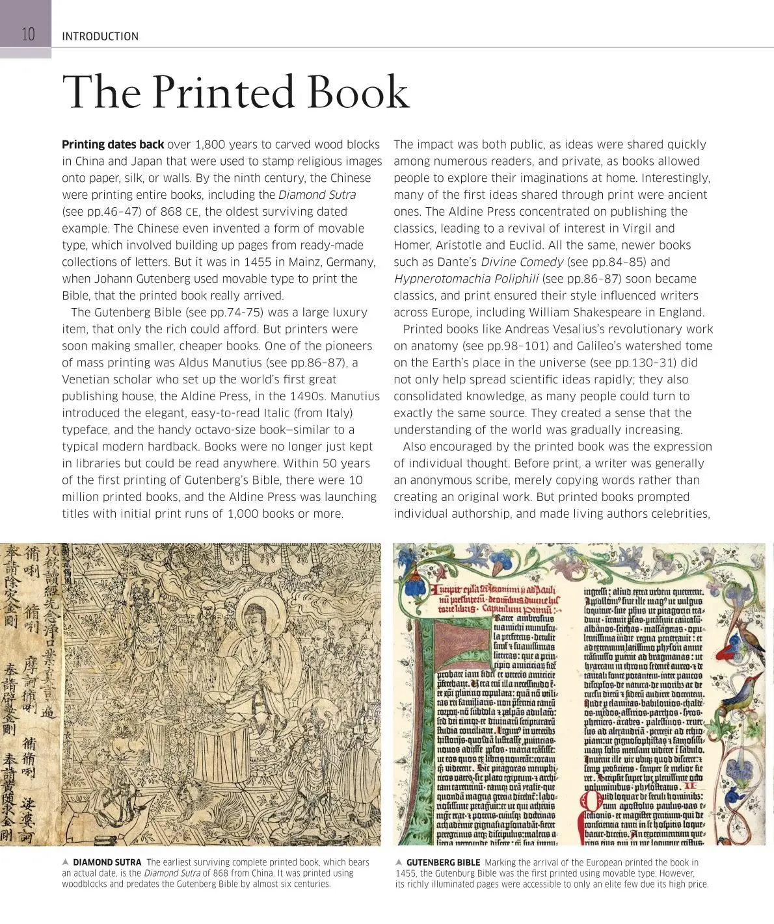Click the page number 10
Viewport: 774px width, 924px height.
coord(28,34)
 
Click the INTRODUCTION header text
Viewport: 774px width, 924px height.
coord(100,36)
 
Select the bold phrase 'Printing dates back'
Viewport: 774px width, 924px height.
coord(113,144)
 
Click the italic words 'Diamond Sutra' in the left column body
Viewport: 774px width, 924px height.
coord(317,195)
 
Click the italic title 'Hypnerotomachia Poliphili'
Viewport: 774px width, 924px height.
coord(466,279)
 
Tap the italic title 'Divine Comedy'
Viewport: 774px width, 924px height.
coord(522,262)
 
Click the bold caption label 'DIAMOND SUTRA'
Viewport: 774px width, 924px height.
coord(107,862)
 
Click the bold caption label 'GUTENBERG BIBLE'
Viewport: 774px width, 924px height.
coord(444,862)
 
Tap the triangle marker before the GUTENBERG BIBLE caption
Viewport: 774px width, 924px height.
coord(399,862)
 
